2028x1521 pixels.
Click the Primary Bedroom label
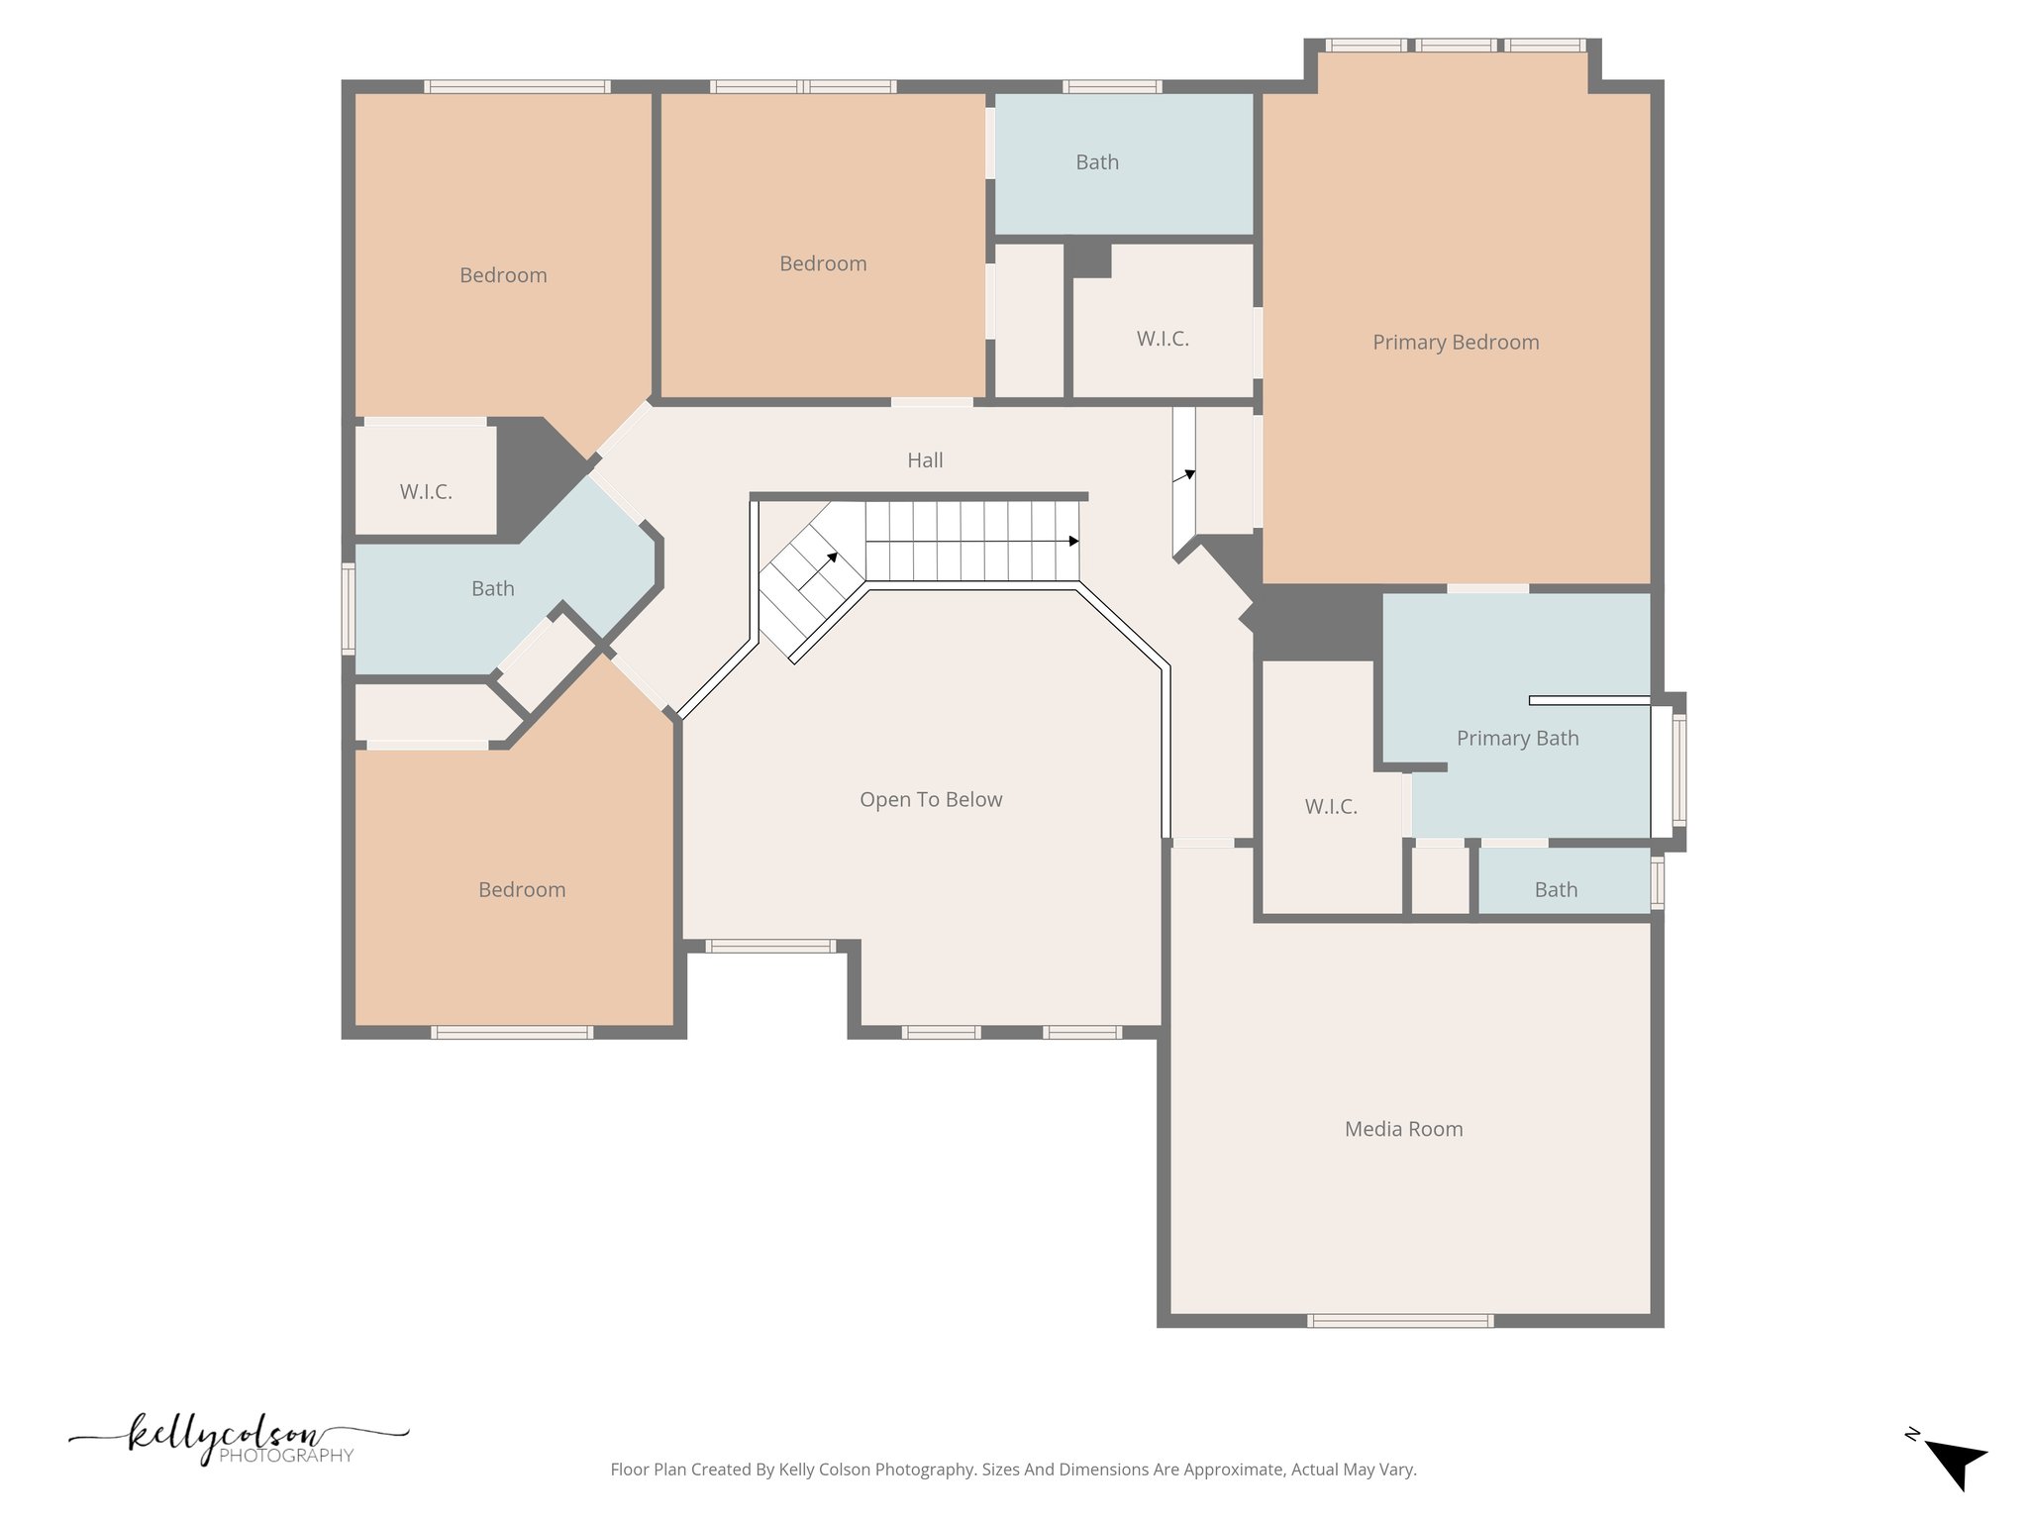1455,343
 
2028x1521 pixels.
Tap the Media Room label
1403,1129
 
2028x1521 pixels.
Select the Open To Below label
930,800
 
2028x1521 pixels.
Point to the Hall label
925,460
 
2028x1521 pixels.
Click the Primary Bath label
1517,739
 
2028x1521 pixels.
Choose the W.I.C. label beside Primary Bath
1330,807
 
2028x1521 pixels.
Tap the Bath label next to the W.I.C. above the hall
1097,162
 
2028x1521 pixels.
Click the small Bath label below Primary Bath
1555,890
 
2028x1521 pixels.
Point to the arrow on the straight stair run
1073,542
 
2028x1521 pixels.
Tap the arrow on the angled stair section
832,558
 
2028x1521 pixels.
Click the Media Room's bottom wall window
1399,1320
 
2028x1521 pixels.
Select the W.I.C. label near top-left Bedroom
426,492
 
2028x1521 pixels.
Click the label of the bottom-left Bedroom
522,890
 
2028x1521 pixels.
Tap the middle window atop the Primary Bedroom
1455,46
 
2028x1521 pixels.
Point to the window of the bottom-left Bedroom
512,1033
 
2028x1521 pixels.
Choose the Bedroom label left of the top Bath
822,264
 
